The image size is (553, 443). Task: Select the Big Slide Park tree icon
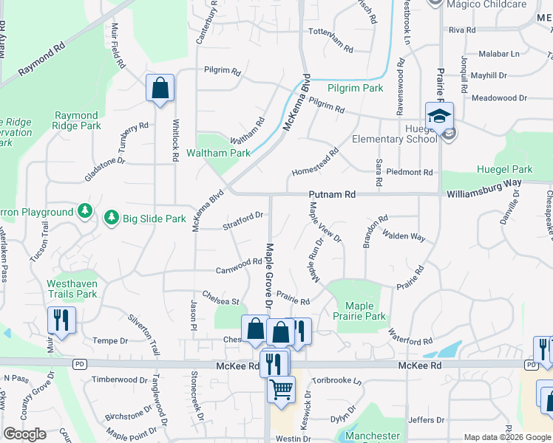tap(112, 218)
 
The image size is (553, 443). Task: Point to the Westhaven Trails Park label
tap(72, 289)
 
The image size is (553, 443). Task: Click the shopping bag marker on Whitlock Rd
tap(160, 89)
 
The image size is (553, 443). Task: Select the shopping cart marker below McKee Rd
tap(281, 388)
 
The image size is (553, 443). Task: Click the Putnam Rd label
tap(333, 194)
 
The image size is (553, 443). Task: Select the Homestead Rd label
tap(315, 161)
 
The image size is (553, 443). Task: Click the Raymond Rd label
tap(41, 63)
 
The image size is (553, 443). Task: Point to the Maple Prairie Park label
tap(365, 311)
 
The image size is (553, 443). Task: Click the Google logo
tap(24, 434)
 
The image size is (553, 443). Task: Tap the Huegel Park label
tap(505, 169)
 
